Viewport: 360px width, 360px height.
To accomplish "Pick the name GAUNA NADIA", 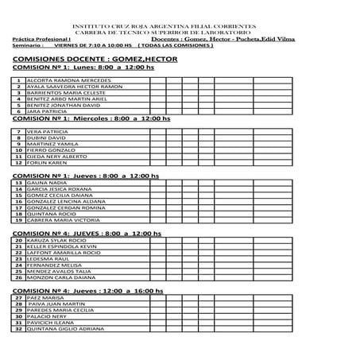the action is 46,183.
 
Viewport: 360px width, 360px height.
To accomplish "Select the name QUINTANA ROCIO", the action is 51,213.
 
